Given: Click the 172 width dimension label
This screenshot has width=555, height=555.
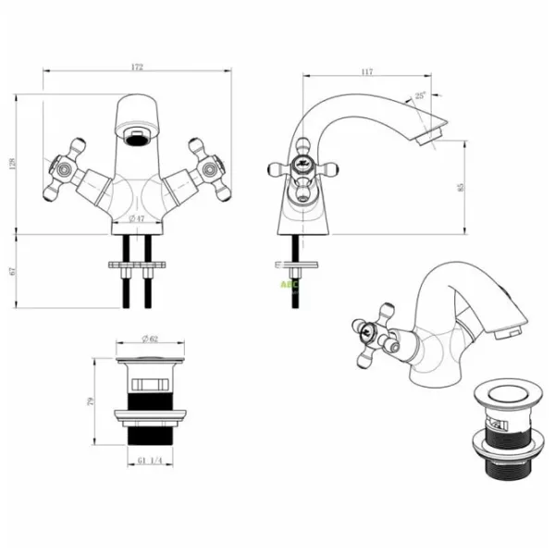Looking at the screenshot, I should click(137, 68).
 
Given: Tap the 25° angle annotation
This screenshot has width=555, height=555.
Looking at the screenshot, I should click(422, 95).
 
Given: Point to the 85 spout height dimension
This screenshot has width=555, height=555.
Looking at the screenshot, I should click(460, 187).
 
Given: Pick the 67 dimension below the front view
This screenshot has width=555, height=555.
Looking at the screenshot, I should click(13, 271).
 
